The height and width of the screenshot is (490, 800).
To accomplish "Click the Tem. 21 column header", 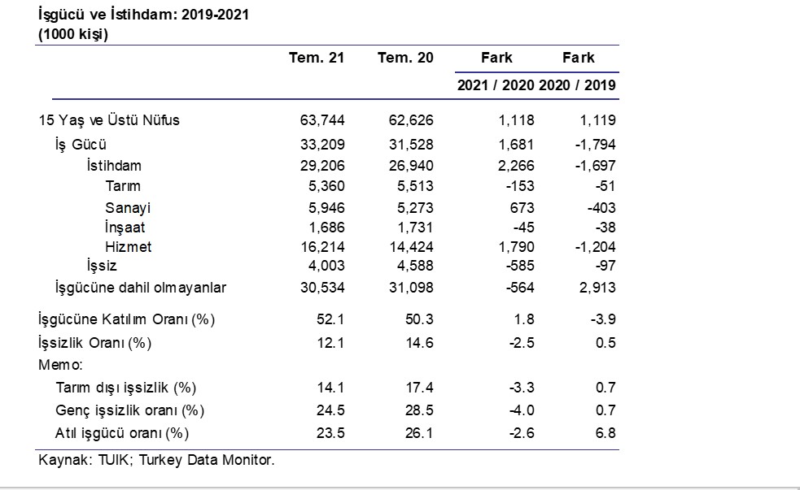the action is point(317,58).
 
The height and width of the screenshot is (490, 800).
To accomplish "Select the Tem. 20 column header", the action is point(405,58).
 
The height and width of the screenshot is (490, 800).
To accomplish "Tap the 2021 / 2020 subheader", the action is point(496,85).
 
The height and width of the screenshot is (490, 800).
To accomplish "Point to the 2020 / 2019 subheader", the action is point(577,85).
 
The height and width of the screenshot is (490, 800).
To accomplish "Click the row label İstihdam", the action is point(114,166).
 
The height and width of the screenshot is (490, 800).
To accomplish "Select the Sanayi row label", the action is point(128,208).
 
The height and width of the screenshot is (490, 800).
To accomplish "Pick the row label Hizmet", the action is point(128,247).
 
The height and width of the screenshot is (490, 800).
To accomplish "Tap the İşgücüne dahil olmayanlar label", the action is point(140,288).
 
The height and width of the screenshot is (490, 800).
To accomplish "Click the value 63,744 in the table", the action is point(322,120).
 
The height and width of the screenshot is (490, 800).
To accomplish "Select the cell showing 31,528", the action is point(411,145).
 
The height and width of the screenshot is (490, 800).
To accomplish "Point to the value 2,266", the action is point(516,166).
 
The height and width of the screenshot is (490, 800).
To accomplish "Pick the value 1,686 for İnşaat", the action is point(326,228).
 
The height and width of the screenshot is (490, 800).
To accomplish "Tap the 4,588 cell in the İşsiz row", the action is point(415,266).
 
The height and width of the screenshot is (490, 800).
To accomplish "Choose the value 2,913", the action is point(597,288).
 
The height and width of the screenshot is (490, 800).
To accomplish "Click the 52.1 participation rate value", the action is point(330,319).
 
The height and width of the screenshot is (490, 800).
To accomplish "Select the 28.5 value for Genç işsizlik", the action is point(419,410).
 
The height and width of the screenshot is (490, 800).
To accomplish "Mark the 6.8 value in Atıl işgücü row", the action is point(605,433).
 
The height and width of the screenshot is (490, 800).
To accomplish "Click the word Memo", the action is point(59,365).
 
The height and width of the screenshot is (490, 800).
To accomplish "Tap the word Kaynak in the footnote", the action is point(63,460).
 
